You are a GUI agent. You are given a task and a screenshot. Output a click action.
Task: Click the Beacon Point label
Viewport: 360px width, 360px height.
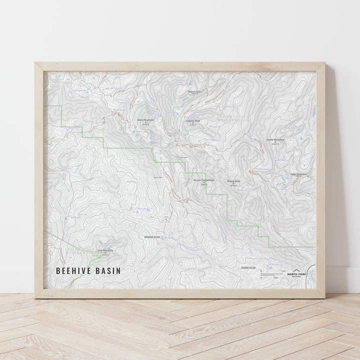[x=195, y=91]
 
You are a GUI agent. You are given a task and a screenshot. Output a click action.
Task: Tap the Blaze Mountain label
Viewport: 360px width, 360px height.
[x=145, y=120]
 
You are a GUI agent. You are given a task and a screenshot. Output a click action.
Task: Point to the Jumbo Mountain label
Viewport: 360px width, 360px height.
[x=275, y=139]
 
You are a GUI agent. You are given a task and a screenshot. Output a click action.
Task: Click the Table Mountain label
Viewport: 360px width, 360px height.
[x=298, y=174]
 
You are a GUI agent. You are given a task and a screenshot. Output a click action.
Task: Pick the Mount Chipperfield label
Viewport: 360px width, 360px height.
[x=203, y=180]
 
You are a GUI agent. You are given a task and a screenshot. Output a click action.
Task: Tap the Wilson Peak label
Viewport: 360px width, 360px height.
[x=233, y=181]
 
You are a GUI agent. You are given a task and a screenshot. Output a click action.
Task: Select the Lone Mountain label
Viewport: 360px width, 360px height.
[x=105, y=250]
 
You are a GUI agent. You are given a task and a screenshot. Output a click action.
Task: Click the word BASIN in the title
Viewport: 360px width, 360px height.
[x=108, y=271]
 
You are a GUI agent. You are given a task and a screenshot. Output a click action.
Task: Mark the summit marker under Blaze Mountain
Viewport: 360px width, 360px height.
[x=145, y=122]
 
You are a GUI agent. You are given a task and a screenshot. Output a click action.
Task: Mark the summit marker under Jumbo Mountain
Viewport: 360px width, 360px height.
[x=275, y=142]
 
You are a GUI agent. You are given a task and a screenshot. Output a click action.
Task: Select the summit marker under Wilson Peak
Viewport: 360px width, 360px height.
[x=233, y=183]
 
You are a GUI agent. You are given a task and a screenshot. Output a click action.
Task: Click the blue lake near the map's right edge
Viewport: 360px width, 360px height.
[x=313, y=112]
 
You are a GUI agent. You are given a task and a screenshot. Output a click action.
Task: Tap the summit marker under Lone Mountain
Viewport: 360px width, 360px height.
[x=105, y=252]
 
